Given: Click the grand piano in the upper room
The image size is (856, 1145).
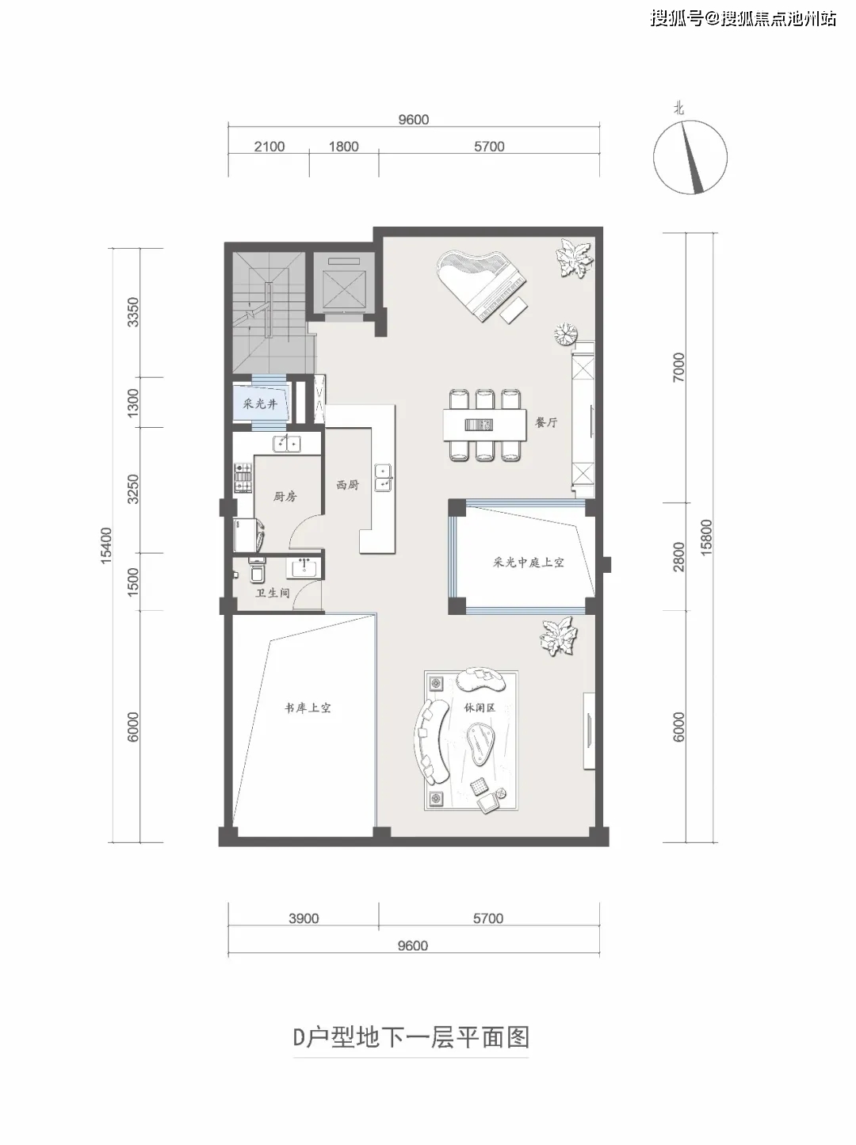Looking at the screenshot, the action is (x=480, y=285).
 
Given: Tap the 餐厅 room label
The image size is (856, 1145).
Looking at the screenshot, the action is (x=546, y=422).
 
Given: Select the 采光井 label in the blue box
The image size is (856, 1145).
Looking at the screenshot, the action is (x=260, y=403).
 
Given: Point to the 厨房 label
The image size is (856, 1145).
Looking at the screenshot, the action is (x=285, y=496).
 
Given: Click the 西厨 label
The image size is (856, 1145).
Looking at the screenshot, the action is (x=347, y=485).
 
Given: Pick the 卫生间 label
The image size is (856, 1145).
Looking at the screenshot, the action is (x=273, y=593).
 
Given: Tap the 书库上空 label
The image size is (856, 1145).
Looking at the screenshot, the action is (x=308, y=708).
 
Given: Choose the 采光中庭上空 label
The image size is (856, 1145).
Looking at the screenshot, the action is (x=529, y=563).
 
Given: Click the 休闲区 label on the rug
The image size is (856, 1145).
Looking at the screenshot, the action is (x=480, y=708).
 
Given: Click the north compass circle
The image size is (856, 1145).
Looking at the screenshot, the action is (x=690, y=156).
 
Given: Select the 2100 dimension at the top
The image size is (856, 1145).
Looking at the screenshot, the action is (x=269, y=147).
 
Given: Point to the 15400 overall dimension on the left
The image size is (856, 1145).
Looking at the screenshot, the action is (x=106, y=545).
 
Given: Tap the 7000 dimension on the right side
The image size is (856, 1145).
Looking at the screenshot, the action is (x=678, y=367).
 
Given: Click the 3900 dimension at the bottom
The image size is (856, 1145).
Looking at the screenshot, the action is (x=304, y=918).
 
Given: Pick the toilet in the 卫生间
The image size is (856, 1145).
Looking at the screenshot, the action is (x=257, y=570).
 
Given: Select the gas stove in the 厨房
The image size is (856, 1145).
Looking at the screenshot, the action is (x=242, y=477).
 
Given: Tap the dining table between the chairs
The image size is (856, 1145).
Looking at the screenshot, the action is (x=484, y=425).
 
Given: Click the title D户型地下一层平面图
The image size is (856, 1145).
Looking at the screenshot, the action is (x=411, y=1036).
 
